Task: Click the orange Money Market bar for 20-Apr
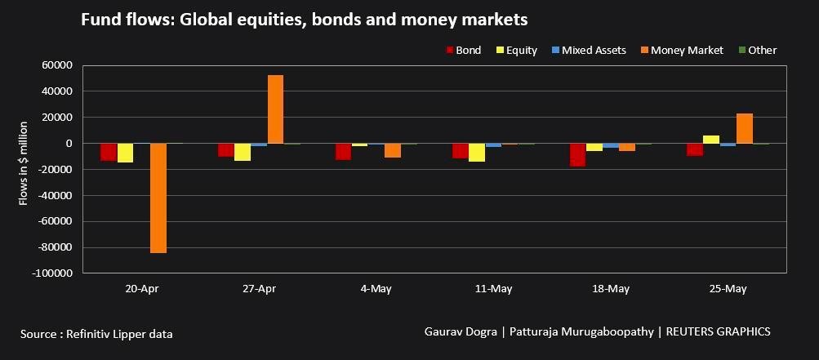(158, 198)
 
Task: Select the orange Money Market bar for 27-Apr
(276, 109)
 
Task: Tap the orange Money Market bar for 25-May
(744, 129)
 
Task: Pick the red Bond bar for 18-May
(578, 154)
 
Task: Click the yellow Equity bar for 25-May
(711, 140)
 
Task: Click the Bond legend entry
(463, 51)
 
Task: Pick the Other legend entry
(757, 51)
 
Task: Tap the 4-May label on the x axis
(376, 289)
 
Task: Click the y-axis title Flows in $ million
(24, 163)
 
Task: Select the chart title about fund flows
(304, 19)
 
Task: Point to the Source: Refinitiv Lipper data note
(96, 334)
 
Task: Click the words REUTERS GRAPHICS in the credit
(719, 331)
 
